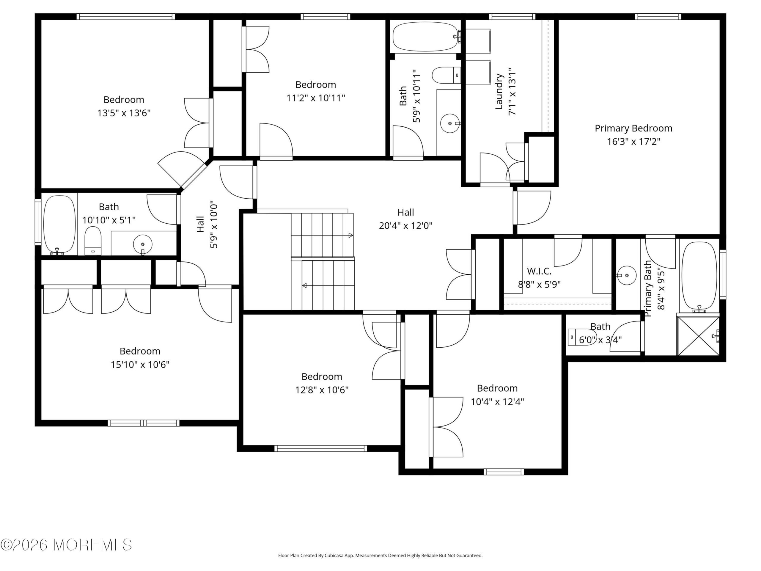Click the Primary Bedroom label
click(x=633, y=128)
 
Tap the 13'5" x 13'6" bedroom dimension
click(x=124, y=113)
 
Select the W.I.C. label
click(x=539, y=271)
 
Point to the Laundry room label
click(x=499, y=92)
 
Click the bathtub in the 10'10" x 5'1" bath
click(x=59, y=225)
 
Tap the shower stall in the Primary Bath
click(x=698, y=336)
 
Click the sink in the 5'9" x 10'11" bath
click(x=450, y=123)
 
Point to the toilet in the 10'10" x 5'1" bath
click(x=93, y=241)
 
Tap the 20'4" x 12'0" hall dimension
click(x=405, y=226)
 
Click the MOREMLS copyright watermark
click(x=66, y=545)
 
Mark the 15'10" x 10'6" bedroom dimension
click(x=140, y=365)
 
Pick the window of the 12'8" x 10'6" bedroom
click(x=321, y=448)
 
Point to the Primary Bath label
click(x=647, y=288)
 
